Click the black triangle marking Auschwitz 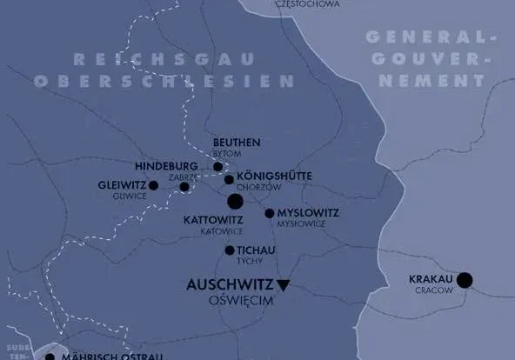[283, 284]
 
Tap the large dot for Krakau [465, 279]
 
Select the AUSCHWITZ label [230, 284]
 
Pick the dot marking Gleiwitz [154, 185]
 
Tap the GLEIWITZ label [122, 185]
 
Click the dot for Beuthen [218, 166]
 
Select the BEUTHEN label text [236, 143]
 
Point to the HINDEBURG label [168, 165]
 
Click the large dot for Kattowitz [235, 202]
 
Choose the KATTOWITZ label [213, 221]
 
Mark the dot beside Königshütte [229, 180]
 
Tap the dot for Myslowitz [270, 213]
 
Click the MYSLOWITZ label [308, 213]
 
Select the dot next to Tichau [230, 250]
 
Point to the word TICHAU [256, 250]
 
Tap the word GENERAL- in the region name [424, 37]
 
